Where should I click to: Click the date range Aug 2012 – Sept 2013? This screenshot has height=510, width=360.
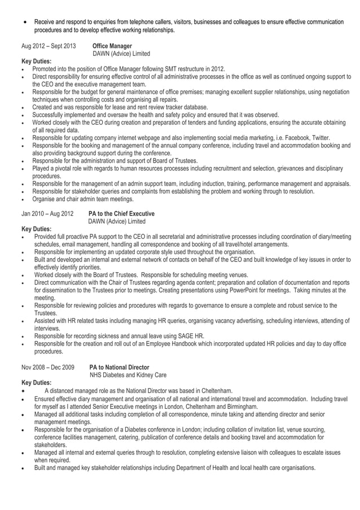(48, 46)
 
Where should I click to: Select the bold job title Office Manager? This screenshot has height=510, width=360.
(112, 46)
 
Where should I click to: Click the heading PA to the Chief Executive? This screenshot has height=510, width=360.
(121, 214)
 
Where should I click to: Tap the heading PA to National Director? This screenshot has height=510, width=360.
(119, 367)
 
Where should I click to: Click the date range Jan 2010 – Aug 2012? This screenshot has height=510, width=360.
(47, 214)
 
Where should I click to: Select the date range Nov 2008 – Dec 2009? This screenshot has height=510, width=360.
(48, 367)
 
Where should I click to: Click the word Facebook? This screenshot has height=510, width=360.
(290, 138)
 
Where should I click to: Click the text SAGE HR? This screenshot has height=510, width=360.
(192, 336)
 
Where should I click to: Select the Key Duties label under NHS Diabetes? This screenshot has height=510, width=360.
(36, 383)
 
